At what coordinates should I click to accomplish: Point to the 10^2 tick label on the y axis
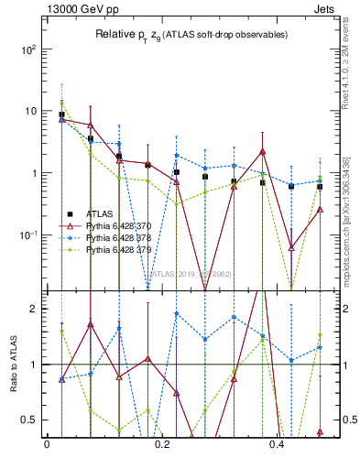click(x=30, y=49)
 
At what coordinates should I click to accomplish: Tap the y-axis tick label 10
click(x=32, y=111)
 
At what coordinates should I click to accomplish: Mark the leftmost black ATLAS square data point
click(x=61, y=115)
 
